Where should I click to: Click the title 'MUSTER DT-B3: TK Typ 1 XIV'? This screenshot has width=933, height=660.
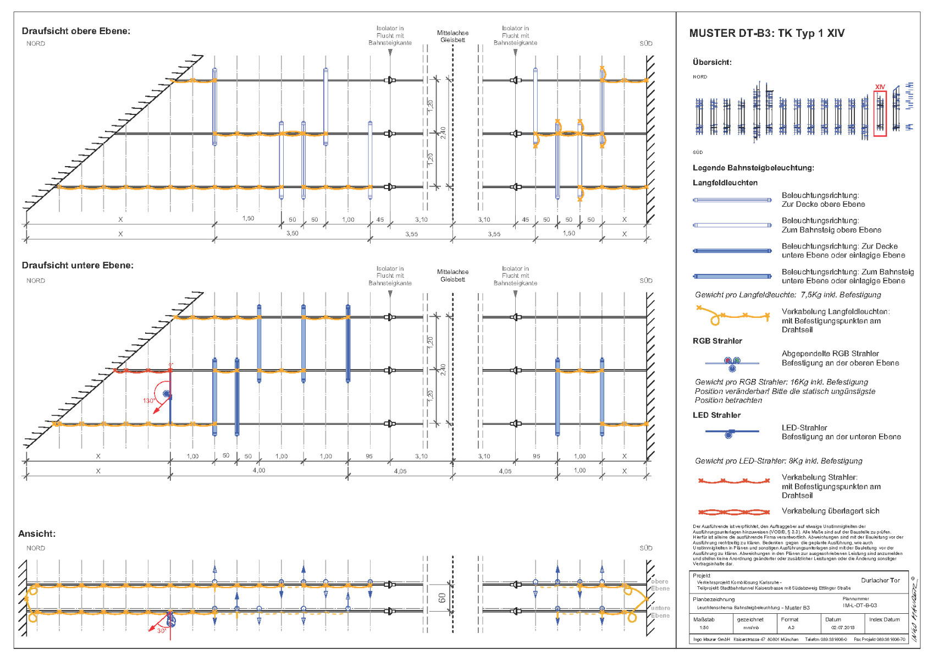(x=766, y=34)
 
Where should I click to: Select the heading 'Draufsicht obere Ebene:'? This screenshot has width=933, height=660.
(x=76, y=31)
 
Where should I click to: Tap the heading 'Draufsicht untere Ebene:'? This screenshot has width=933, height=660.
(x=78, y=266)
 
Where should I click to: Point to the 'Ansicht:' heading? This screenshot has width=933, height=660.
(x=37, y=533)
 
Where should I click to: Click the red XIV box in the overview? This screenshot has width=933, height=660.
(x=880, y=113)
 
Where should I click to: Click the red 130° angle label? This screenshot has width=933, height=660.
(x=148, y=400)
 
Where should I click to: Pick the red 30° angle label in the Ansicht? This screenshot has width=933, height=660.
(x=161, y=631)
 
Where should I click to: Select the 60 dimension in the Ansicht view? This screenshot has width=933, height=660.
(x=442, y=597)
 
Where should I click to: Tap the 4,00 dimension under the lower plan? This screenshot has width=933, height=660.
(x=258, y=471)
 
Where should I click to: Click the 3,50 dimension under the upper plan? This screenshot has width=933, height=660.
(x=292, y=234)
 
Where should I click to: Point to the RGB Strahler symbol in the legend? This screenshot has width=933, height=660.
(x=732, y=364)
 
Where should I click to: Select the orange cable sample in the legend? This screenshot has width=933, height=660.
(x=733, y=316)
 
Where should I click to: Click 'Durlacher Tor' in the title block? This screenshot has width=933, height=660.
(x=880, y=581)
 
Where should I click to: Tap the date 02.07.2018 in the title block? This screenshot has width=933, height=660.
(x=842, y=628)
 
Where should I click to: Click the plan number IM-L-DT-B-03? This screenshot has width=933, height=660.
(x=859, y=606)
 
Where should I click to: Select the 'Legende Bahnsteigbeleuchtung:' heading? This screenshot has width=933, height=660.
(x=753, y=168)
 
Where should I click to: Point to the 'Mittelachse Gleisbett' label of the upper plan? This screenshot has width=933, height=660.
(x=452, y=36)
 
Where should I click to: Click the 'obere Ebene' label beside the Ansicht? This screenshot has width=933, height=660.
(x=660, y=585)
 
